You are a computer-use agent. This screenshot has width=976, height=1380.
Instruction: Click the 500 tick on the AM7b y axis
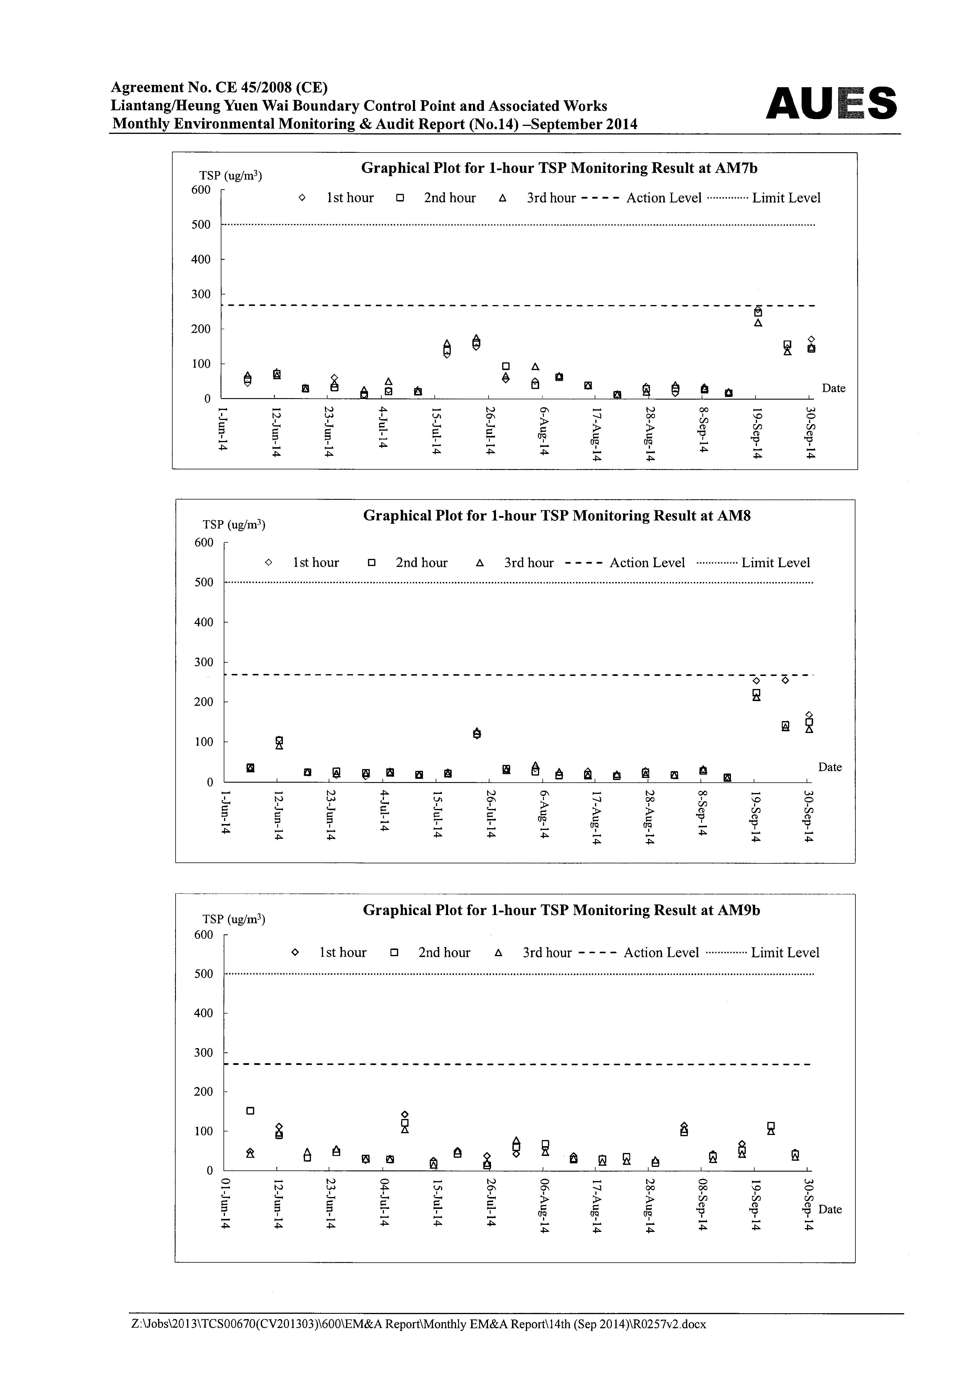click(x=201, y=225)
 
